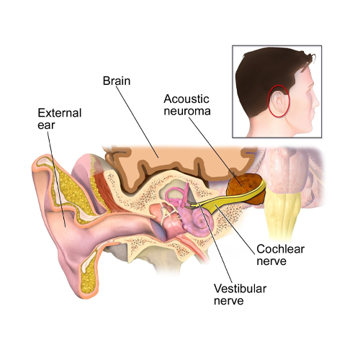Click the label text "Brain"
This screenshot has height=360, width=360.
point(117,81)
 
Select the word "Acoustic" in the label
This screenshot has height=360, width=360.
point(186,99)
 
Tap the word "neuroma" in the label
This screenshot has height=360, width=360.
point(187,111)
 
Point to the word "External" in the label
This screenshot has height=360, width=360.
point(60,113)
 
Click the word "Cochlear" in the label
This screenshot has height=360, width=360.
point(280,249)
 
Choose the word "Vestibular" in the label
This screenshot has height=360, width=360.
point(240,289)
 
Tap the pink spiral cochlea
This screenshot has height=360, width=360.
point(202,220)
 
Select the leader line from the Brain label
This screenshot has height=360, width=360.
point(138,122)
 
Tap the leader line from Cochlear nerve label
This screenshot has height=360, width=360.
point(235,229)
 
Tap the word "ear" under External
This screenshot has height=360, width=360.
point(46,125)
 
